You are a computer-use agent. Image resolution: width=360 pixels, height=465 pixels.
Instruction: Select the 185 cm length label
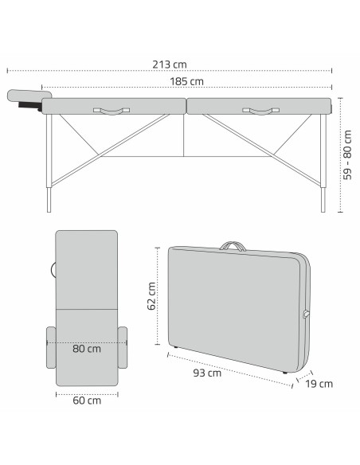[x=186, y=81]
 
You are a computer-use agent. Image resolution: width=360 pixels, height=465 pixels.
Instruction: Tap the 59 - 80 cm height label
[x=348, y=154]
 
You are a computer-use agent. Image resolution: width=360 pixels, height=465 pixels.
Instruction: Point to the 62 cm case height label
[x=152, y=296]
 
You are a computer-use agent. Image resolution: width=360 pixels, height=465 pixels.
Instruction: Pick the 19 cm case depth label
[x=319, y=383]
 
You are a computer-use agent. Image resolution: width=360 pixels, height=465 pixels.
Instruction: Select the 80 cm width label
[x=87, y=348]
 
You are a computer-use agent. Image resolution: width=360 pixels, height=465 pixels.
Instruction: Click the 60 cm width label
[x=86, y=401]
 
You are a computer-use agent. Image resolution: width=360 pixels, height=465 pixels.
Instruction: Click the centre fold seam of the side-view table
[x=186, y=106]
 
